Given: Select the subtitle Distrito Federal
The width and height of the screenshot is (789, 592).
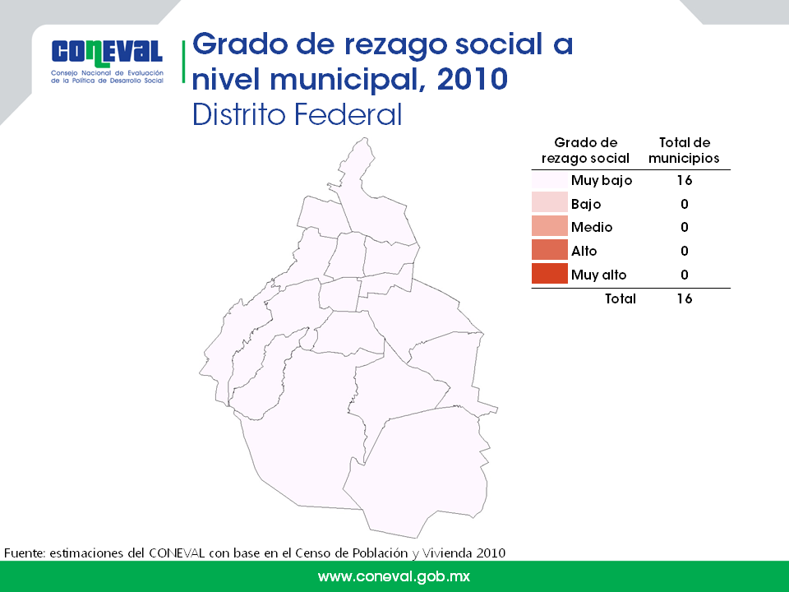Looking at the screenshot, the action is coord(297,114).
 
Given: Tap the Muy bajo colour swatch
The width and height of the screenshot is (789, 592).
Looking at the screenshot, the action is coord(550,180).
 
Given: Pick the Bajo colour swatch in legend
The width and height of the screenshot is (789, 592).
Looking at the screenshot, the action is coord(550,203).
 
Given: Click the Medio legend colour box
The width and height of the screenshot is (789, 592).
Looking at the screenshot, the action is coord(550,227).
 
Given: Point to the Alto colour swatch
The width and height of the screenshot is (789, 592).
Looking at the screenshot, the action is coord(550,250).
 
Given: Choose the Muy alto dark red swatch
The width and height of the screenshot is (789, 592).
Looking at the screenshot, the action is coord(550,274).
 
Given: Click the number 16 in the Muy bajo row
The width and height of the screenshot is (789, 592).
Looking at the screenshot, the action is coord(685,180).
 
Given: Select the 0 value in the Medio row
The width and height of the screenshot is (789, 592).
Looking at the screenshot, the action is coord(685,227).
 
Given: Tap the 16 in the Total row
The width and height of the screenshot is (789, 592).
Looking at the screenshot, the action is coord(685,298).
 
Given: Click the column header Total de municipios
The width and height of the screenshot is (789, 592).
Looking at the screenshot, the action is coord(684,150).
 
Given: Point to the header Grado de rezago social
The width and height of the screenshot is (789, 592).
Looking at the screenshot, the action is coord(585,150).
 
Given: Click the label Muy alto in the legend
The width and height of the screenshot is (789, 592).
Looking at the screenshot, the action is coord(598,275).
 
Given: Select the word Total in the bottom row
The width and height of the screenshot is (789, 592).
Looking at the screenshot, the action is coord(620,298).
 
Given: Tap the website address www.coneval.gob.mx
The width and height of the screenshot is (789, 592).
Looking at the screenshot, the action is coord(394,576).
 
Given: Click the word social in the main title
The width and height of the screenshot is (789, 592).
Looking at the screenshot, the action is coord(499,44).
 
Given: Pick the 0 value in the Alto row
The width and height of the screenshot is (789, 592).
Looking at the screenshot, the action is coord(685,251).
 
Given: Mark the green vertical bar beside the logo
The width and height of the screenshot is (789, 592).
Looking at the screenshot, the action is coord(183,62).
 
